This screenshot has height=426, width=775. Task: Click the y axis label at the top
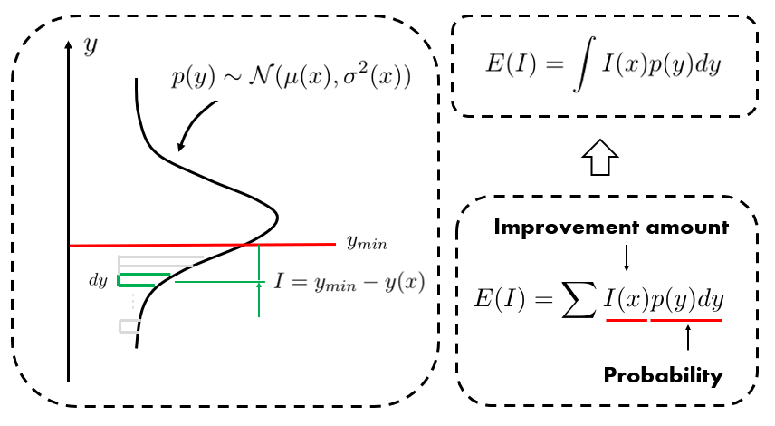[x=90, y=46]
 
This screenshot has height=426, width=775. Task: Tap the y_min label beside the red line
[x=367, y=242]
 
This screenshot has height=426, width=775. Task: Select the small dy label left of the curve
[x=98, y=280]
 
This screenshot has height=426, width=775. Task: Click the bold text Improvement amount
[x=611, y=228]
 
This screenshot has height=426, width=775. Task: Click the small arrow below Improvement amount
[x=626, y=258]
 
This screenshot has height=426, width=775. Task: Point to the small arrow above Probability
[x=687, y=338]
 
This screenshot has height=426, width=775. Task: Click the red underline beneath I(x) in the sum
[x=626, y=319]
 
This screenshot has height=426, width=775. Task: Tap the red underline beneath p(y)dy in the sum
[x=686, y=319]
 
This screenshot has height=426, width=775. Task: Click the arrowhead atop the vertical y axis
[x=69, y=44]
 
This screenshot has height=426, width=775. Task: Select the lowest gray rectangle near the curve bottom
[x=128, y=324]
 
